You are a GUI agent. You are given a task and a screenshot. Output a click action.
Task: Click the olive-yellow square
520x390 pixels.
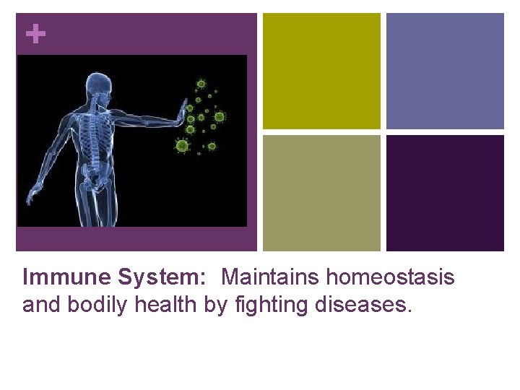(321, 71)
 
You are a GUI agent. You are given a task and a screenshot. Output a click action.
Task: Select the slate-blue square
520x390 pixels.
(445, 71)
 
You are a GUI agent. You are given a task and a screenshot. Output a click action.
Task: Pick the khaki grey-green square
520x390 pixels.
(321, 193)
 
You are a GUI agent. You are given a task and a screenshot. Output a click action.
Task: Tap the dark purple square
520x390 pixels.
(445, 193)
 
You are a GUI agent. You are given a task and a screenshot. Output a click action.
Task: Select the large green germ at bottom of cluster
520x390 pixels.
(182, 147)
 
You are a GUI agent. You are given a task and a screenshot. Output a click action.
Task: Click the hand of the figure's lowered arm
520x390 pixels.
(33, 194)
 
